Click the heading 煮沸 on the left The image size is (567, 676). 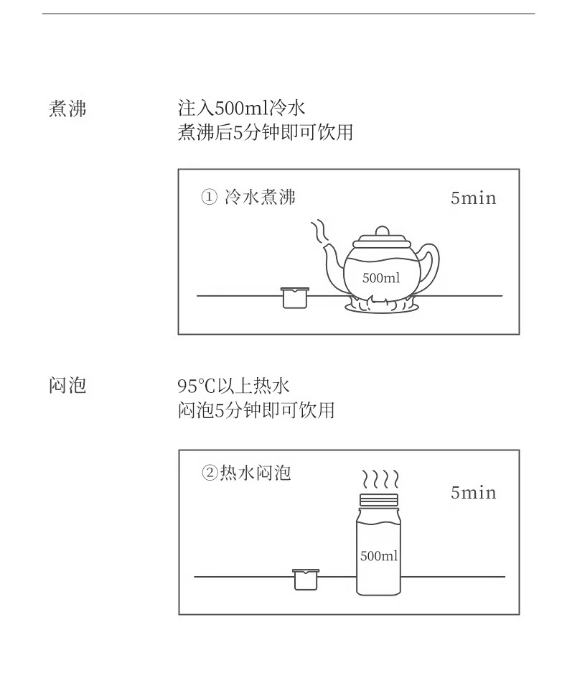[67, 108]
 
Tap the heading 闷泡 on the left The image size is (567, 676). [67, 385]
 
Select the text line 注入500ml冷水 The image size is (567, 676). [241, 108]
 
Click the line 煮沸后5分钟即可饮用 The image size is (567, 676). [266, 132]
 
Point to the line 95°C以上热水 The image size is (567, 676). [233, 386]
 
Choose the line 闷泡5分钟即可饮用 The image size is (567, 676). [256, 409]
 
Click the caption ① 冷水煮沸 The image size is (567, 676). [248, 198]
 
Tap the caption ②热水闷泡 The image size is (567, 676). [246, 473]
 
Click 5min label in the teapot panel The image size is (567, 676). [474, 198]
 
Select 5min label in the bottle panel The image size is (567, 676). [474, 492]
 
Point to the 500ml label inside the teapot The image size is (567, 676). [381, 277]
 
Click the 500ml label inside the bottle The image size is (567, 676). [379, 556]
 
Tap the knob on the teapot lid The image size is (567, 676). [382, 231]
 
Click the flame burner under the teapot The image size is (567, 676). [381, 303]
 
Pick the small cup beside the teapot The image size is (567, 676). [295, 298]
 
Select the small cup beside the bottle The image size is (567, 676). [306, 580]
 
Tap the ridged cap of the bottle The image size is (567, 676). [379, 500]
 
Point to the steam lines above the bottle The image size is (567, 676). [380, 479]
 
